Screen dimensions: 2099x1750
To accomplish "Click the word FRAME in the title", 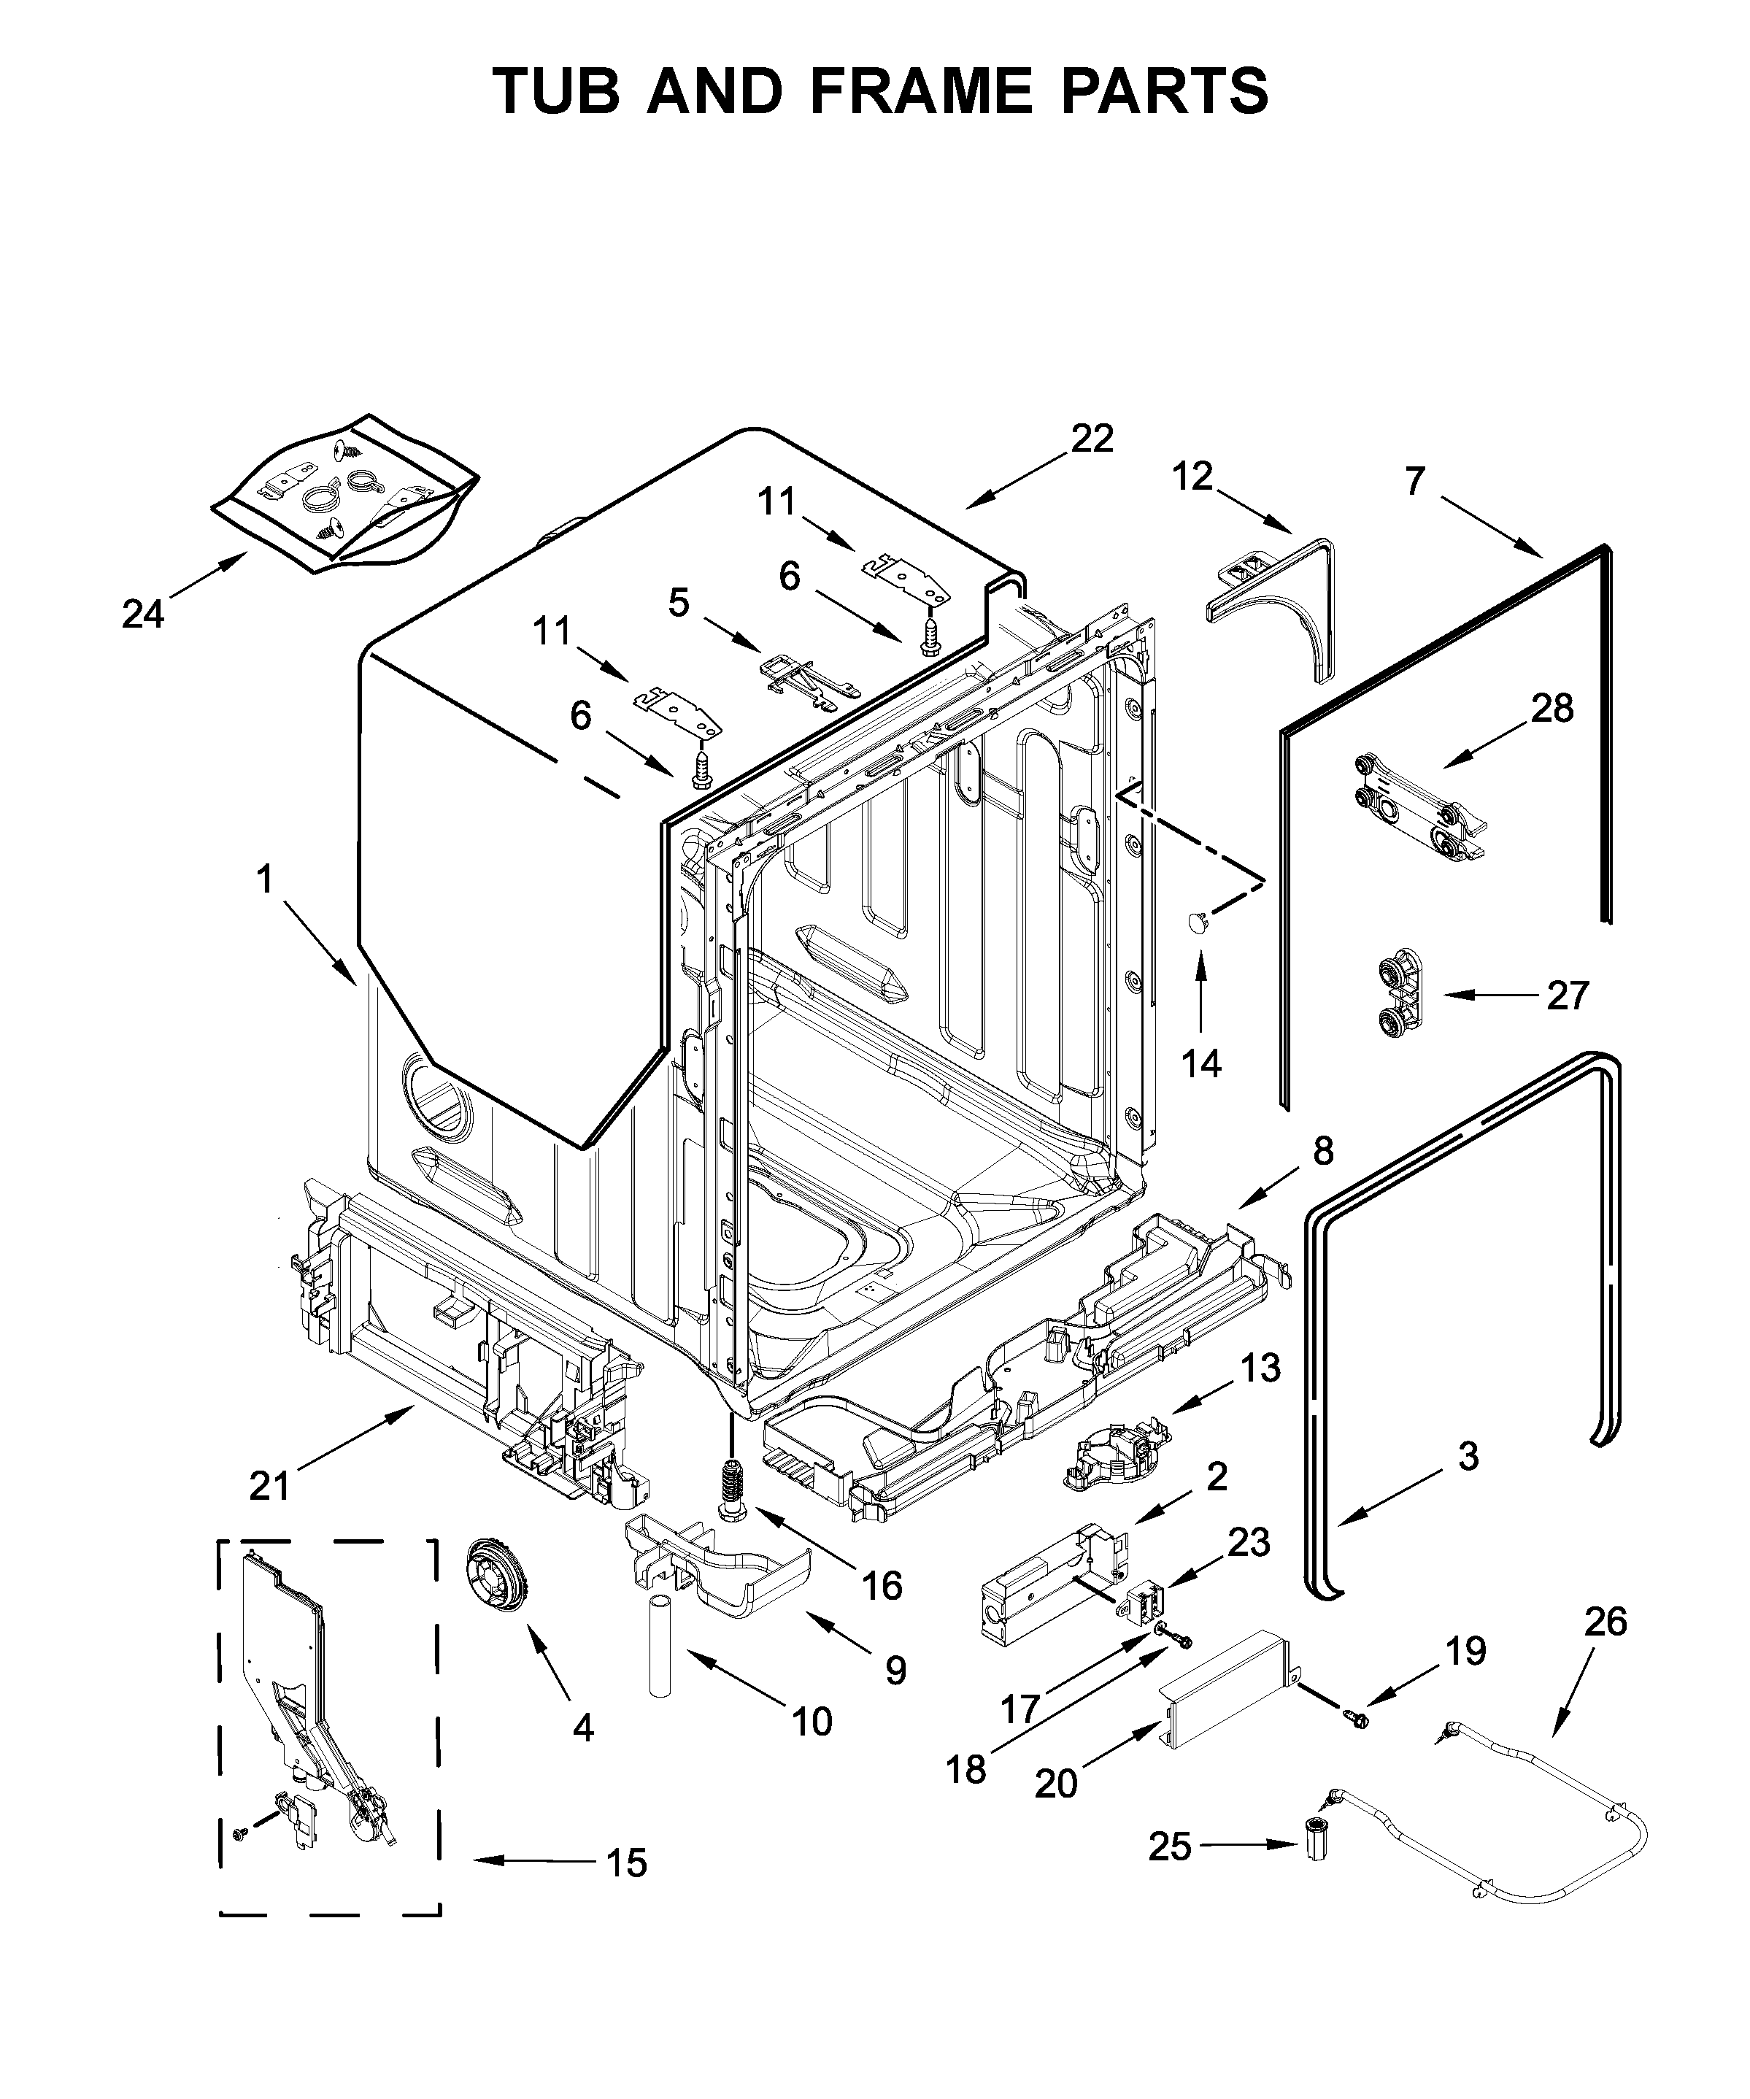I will tap(920, 91).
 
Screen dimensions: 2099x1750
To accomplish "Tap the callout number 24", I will tap(143, 614).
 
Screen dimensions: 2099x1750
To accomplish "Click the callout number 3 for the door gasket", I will tap(1467, 1456).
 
